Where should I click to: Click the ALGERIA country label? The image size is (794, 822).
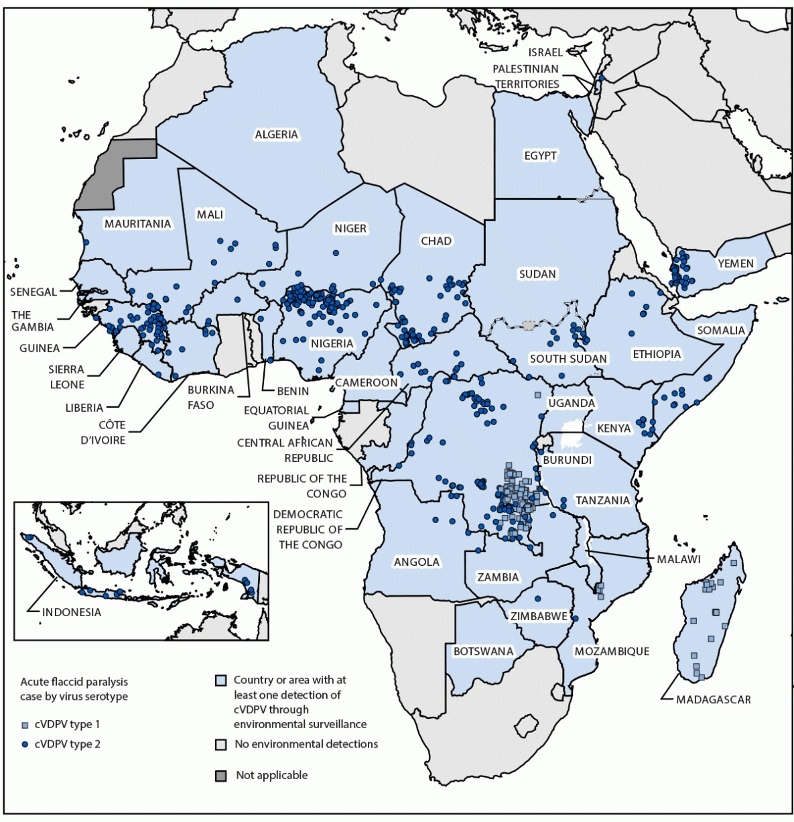point(276,135)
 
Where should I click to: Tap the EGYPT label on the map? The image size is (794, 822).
point(540,156)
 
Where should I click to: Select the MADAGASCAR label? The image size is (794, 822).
point(713,699)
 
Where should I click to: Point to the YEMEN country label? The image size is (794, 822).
point(736,263)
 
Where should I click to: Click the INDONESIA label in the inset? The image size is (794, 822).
point(72,612)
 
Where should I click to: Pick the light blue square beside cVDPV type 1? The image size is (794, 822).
point(25,725)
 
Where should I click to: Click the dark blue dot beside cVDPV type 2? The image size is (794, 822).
point(25,744)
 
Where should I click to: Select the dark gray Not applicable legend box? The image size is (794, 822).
point(220,776)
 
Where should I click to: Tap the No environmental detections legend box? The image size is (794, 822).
point(220,744)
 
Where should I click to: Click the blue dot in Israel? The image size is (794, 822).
point(601,78)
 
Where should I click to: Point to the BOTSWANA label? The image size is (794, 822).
point(483,651)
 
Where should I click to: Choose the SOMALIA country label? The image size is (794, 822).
point(721,330)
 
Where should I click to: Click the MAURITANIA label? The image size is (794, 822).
point(137,223)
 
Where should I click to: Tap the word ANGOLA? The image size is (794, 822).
point(417,562)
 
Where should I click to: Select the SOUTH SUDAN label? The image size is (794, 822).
point(568,359)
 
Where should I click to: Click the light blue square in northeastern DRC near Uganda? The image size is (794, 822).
point(537,395)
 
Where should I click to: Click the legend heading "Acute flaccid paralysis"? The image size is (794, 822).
point(74,682)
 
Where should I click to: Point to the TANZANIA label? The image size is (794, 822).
point(602,500)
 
